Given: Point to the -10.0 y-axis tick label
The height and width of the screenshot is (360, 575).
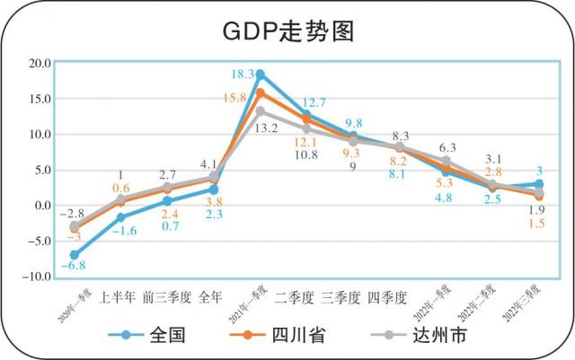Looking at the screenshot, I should pos(38,277).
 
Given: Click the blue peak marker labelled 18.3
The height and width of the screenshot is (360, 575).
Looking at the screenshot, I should pos(261,75).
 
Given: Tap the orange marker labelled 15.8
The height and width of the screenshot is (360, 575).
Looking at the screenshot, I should pos(261,92).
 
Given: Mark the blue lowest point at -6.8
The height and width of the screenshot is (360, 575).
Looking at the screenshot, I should pos(74,255).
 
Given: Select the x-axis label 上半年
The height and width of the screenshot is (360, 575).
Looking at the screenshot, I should pos(118,295).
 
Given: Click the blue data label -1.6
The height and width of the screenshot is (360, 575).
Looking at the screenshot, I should pos(125,232).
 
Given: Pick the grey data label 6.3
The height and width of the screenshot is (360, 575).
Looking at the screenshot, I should pos(447,147).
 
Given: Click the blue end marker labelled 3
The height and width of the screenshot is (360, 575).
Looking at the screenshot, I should pos(537,184).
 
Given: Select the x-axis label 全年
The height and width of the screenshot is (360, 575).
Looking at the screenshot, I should pos(211,295).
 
